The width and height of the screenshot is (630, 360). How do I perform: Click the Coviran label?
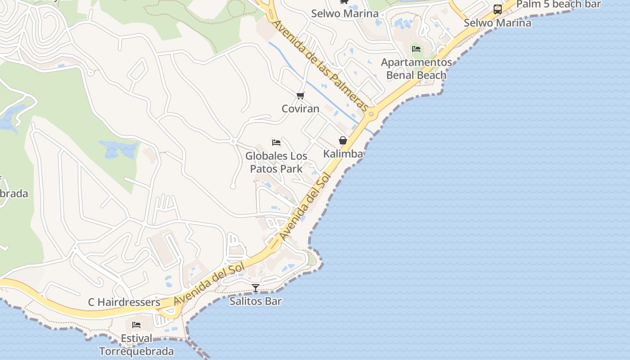(x=300, y=108)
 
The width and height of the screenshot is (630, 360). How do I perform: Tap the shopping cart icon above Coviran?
(x=301, y=95)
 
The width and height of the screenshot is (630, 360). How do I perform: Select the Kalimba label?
(x=343, y=154)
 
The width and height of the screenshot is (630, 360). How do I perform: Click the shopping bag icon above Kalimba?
(x=343, y=140)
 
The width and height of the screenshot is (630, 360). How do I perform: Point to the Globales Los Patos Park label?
(x=276, y=162)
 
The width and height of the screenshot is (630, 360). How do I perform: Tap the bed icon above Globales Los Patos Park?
(x=276, y=143)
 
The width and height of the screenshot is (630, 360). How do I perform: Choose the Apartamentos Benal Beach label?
(x=416, y=69)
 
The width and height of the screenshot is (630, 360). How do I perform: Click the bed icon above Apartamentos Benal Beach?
(x=416, y=49)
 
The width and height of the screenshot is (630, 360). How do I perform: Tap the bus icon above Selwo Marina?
(x=498, y=9)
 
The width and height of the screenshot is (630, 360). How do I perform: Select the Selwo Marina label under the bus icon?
(x=497, y=22)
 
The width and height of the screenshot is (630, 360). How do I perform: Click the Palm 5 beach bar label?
(x=558, y=4)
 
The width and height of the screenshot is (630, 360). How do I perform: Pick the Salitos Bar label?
(x=256, y=301)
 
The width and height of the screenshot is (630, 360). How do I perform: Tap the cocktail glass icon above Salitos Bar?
(x=256, y=288)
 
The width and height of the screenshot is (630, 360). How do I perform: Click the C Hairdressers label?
(x=124, y=302)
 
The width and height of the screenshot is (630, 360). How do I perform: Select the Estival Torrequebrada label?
(x=136, y=345)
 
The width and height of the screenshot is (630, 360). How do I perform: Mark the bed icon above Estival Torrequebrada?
(x=136, y=325)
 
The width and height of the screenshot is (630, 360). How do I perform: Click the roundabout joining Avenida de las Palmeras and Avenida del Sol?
(x=372, y=114)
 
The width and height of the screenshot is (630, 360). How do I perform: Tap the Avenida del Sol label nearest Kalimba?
(x=305, y=207)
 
